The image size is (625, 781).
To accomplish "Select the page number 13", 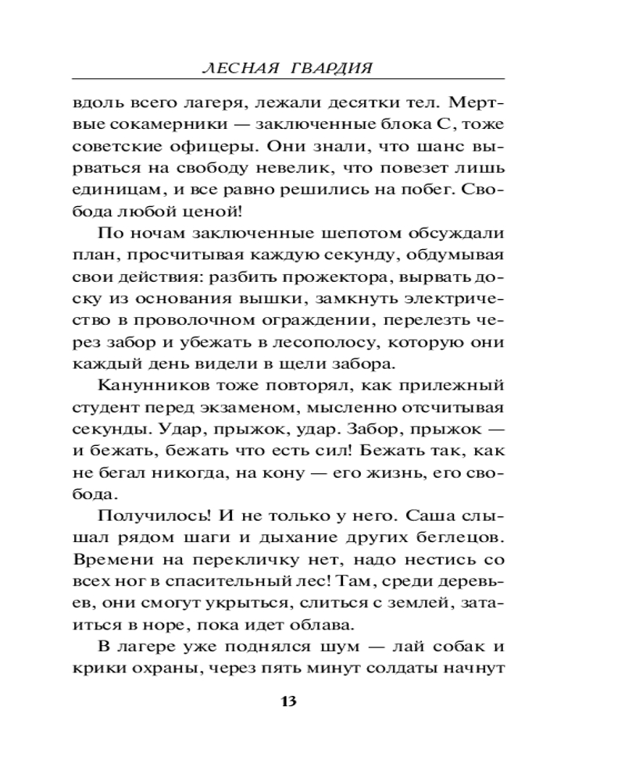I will coord(288,700).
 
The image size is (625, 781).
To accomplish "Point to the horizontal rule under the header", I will coord(287,80).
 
